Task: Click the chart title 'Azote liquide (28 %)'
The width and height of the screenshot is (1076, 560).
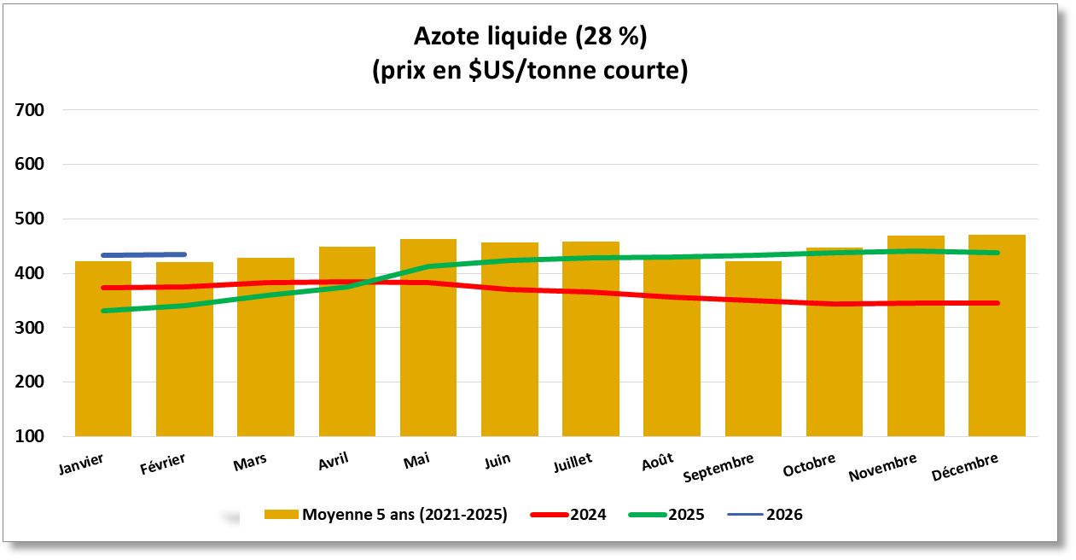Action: [529, 37]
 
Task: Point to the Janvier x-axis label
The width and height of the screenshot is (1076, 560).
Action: [82, 464]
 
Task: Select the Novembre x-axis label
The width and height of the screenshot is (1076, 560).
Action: [882, 467]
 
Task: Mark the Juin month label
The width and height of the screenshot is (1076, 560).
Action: [497, 460]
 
